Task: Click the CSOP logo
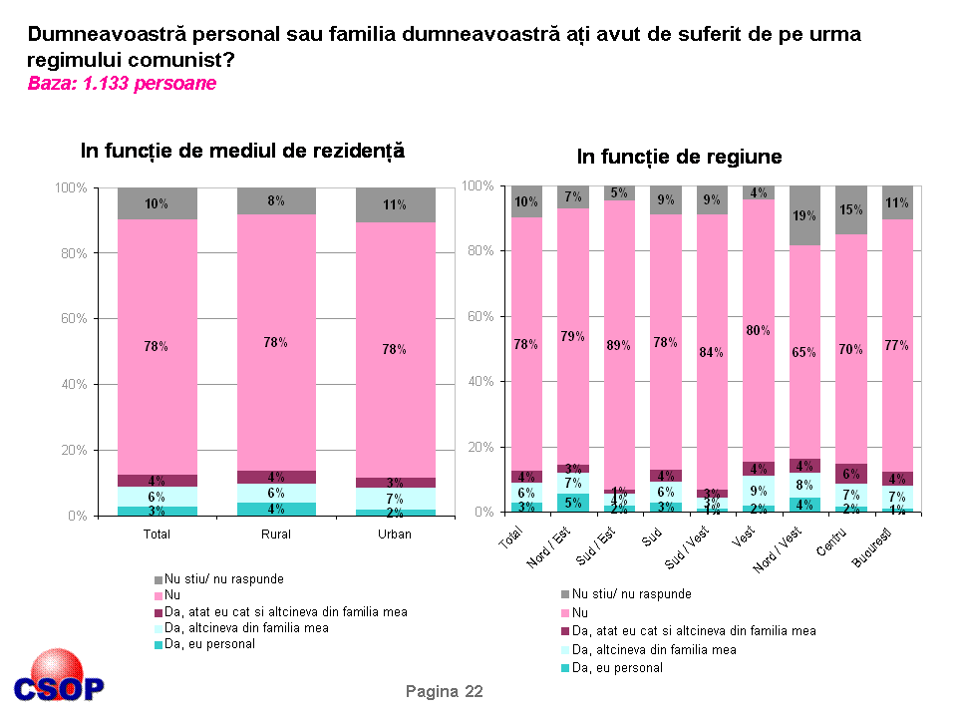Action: pyautogui.click(x=59, y=678)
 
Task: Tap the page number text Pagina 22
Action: pyautogui.click(x=445, y=691)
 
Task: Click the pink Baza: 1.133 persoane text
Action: pyautogui.click(x=122, y=84)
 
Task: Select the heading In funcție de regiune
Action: pyautogui.click(x=679, y=157)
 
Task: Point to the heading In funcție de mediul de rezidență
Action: pyautogui.click(x=242, y=151)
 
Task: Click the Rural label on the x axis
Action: pyautogui.click(x=276, y=535)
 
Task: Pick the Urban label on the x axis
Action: pyautogui.click(x=396, y=535)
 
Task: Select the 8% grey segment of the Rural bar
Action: pyautogui.click(x=276, y=200)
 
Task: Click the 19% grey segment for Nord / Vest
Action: pyautogui.click(x=804, y=215)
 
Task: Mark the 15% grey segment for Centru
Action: pyautogui.click(x=851, y=209)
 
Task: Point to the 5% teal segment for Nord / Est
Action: pyautogui.click(x=572, y=503)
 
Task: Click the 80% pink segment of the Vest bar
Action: pyautogui.click(x=758, y=329)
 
